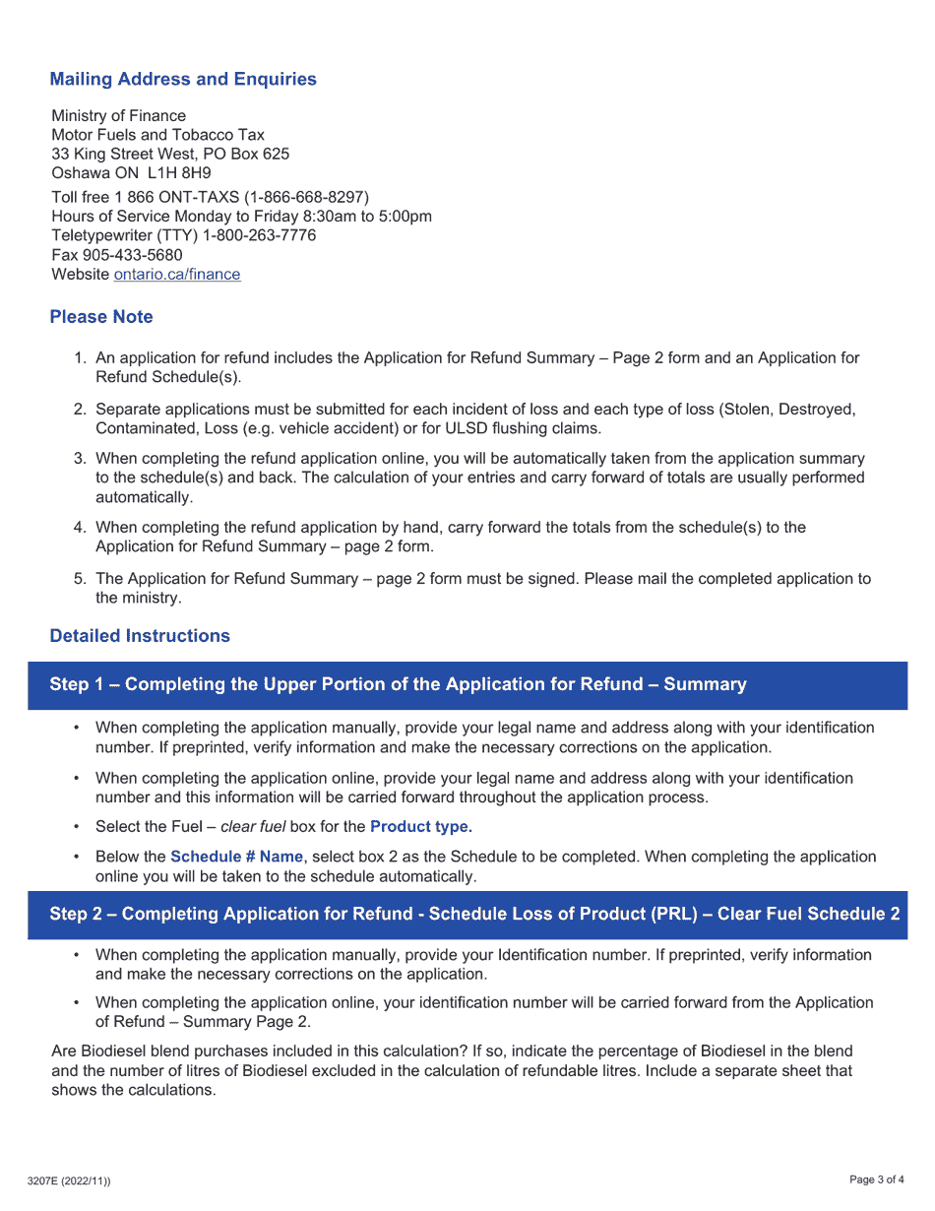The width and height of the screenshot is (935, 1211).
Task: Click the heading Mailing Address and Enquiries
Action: [183, 79]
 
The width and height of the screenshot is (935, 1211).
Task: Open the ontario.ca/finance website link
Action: [177, 275]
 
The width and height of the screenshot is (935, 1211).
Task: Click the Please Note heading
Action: [101, 317]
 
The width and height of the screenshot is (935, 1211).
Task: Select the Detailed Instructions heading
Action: [140, 636]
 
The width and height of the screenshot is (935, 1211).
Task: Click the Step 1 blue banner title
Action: [398, 684]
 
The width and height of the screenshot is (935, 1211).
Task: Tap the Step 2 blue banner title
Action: [474, 914]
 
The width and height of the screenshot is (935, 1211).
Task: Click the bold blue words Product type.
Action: [421, 826]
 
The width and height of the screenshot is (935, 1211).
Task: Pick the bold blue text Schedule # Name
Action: [236, 857]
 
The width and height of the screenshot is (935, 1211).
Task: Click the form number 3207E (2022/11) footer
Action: [69, 1180]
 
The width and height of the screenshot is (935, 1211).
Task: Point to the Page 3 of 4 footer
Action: [876, 1180]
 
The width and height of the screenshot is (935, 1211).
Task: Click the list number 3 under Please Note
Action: [80, 459]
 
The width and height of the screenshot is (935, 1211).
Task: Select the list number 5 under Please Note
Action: [80, 579]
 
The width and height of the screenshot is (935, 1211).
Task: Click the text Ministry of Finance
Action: [118, 115]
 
